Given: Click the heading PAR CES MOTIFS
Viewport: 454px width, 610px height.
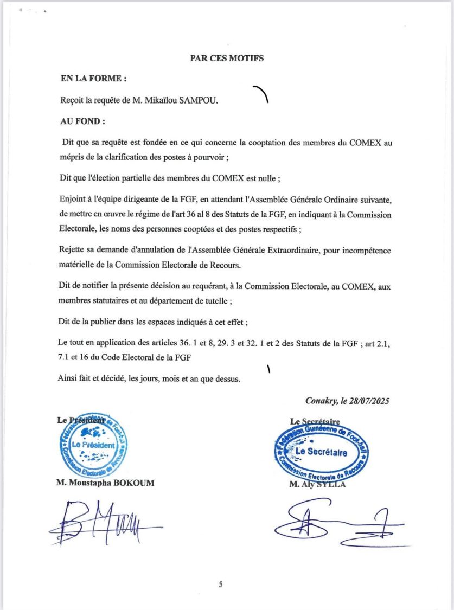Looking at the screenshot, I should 227,59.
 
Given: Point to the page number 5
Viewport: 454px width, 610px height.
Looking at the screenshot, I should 220,584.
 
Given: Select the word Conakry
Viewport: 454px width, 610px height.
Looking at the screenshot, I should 321,402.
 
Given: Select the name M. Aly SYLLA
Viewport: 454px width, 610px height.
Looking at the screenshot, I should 317,485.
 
